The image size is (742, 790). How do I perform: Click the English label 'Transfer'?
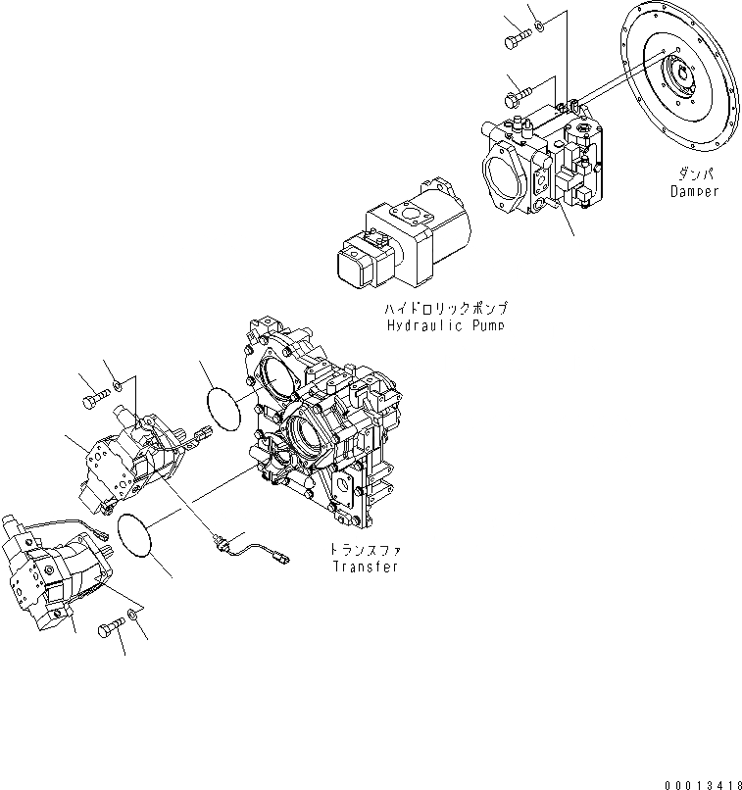[365, 568]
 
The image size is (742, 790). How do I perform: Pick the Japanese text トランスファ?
[365, 551]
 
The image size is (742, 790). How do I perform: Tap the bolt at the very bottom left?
[109, 631]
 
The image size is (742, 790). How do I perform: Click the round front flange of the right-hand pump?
[510, 181]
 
